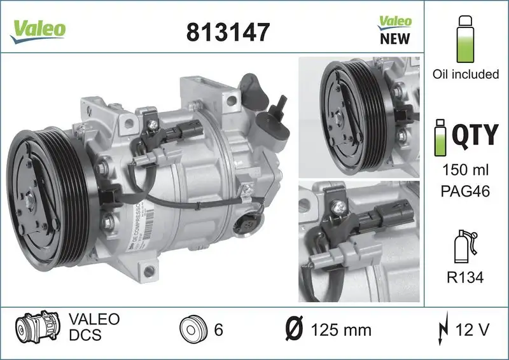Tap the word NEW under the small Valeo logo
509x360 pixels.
click(394, 38)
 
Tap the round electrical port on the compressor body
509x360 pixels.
click(247, 223)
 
